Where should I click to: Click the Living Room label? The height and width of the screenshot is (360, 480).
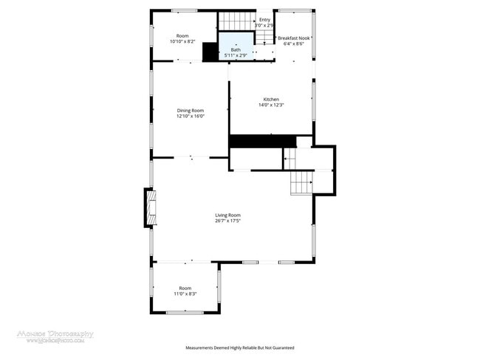(227, 215)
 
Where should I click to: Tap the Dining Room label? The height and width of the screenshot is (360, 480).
(190, 111)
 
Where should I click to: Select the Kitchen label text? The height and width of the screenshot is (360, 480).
(271, 100)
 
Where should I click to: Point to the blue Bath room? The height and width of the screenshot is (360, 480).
(235, 44)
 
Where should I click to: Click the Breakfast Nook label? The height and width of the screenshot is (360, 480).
(294, 38)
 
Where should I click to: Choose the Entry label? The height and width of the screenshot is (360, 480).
(264, 20)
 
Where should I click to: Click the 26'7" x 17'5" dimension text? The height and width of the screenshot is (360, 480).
(227, 221)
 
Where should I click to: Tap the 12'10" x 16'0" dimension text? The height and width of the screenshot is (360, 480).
(190, 117)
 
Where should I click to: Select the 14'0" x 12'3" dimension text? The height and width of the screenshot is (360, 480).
(271, 105)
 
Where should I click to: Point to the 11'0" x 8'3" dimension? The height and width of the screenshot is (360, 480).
(185, 294)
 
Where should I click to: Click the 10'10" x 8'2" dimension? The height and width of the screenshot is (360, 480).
(182, 42)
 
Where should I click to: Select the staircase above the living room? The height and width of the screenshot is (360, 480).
(301, 181)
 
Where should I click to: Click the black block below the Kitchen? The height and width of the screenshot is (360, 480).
(262, 141)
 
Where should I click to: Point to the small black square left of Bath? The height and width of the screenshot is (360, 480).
(210, 51)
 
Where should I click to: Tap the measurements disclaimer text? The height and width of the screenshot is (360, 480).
(239, 347)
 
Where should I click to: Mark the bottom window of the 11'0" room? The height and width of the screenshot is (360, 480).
(185, 313)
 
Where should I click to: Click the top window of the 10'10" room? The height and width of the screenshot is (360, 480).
(184, 10)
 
